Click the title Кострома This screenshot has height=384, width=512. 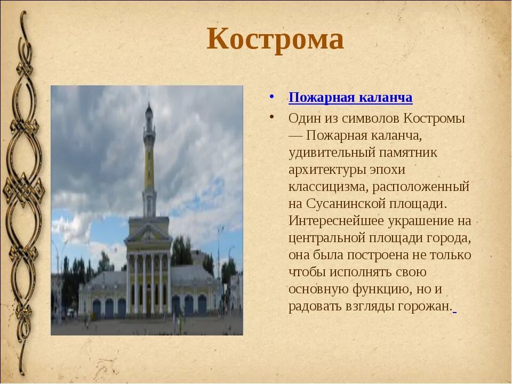click(x=275, y=39)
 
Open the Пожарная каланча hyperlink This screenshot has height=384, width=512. click(x=350, y=98)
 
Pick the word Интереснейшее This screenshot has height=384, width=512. click(x=336, y=221)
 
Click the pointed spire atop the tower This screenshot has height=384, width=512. click(x=149, y=108)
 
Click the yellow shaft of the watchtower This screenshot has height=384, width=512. click(x=149, y=166)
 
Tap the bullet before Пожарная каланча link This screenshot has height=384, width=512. click(x=271, y=97)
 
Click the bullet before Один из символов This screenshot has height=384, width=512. click(x=271, y=117)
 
